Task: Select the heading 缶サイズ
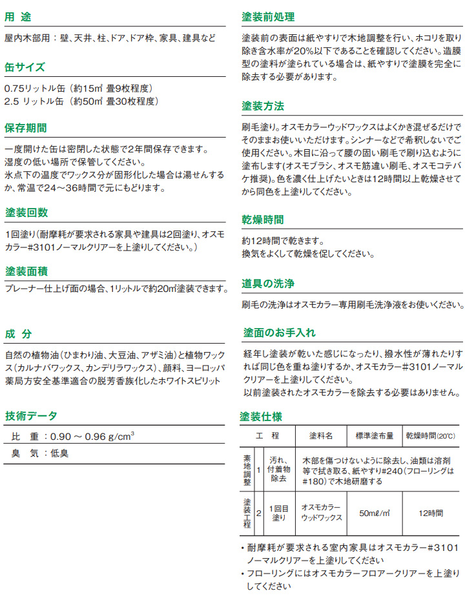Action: click(25, 67)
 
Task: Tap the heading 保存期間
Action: click(26, 128)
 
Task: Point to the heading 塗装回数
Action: click(26, 212)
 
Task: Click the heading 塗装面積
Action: click(26, 270)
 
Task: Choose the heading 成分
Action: click(18, 334)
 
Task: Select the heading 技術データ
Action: click(31, 415)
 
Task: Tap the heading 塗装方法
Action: click(263, 105)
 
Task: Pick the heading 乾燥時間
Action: click(263, 220)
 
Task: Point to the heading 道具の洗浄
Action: click(268, 283)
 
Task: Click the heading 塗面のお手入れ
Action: click(279, 333)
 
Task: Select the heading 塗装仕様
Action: click(263, 416)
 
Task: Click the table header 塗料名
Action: click(320, 436)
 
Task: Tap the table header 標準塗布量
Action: click(374, 436)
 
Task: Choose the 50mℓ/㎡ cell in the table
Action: click(374, 513)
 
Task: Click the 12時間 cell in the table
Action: click(430, 513)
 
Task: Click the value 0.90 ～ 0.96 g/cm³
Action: click(92, 436)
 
